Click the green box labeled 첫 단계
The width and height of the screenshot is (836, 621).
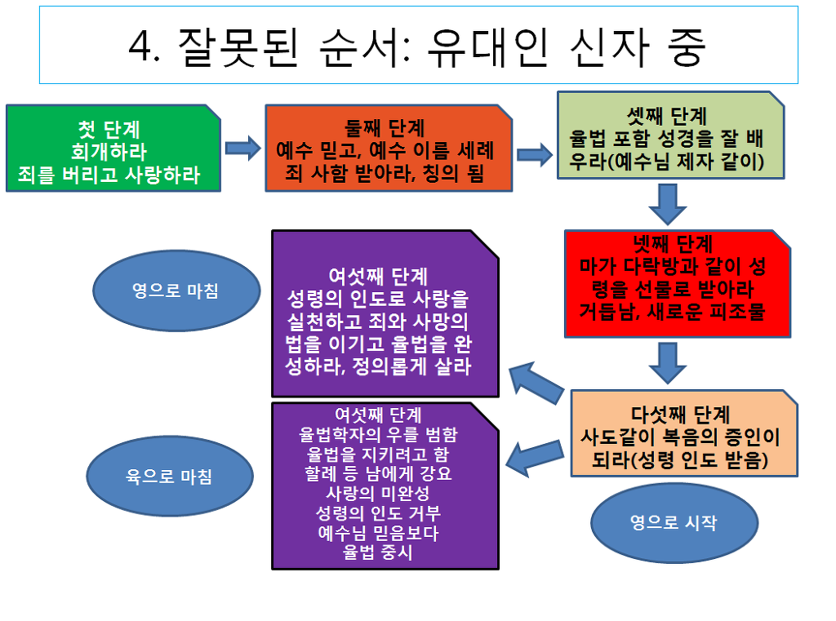click(112, 148)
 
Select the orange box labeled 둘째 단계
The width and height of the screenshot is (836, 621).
click(388, 148)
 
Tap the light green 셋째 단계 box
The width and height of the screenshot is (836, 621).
click(670, 135)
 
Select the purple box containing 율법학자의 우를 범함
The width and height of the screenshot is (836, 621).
click(385, 485)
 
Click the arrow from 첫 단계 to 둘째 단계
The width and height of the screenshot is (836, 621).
click(242, 149)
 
